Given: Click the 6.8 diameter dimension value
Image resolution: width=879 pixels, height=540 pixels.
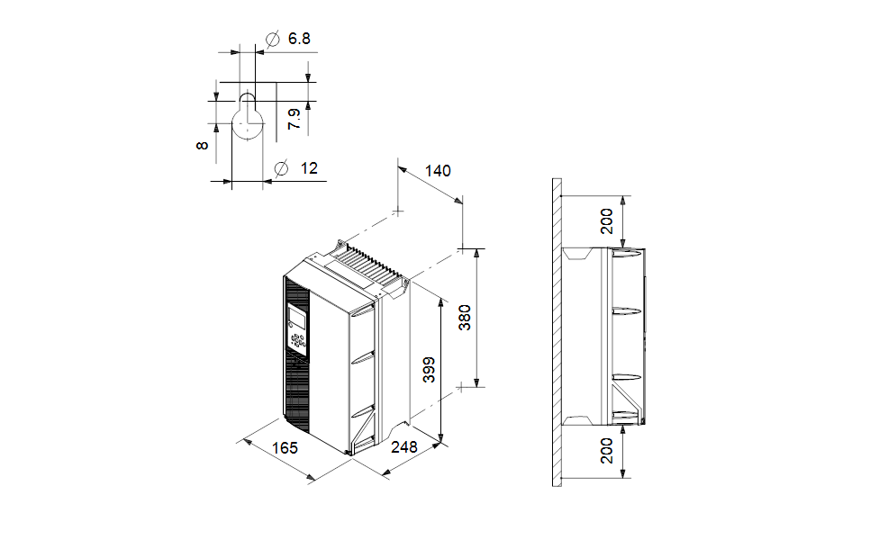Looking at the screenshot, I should (x=299, y=39).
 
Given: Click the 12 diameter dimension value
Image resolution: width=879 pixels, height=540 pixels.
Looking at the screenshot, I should (x=309, y=168).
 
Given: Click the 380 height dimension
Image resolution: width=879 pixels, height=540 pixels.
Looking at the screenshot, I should (x=465, y=317).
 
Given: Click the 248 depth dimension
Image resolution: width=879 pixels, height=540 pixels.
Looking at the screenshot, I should (x=405, y=447).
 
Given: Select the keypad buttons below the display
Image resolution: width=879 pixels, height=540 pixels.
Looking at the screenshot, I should (x=298, y=340).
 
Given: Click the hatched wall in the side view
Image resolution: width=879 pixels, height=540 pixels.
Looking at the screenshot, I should (x=557, y=333).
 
